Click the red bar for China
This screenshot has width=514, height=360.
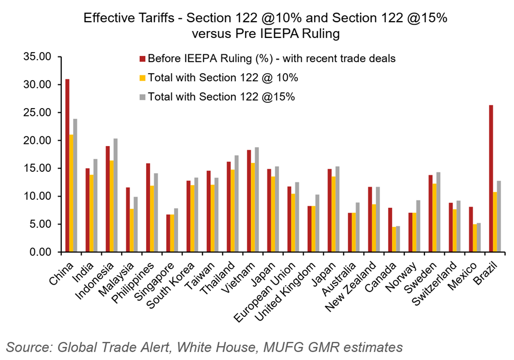click(67, 166)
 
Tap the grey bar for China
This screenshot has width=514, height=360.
click(75, 185)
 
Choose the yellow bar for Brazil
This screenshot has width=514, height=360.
click(496, 222)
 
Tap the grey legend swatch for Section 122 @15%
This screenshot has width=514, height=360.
click(142, 97)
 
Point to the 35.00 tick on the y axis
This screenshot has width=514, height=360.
click(36, 56)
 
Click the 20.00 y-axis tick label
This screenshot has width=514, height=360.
click(36, 140)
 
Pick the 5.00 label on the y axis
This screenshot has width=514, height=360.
click(38, 224)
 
